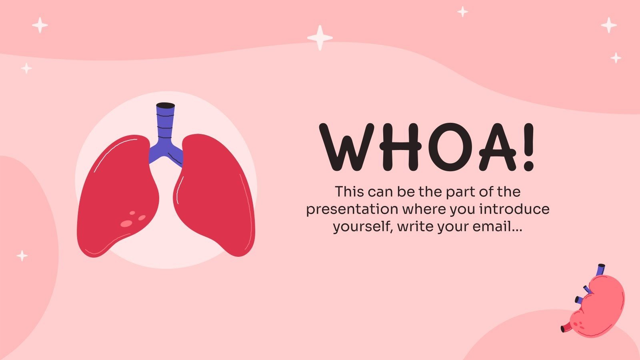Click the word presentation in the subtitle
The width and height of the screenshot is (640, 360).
(352, 210)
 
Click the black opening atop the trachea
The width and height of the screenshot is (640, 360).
(165, 106)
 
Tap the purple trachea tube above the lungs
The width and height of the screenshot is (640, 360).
(165, 128)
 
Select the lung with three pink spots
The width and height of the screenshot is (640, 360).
(118, 196)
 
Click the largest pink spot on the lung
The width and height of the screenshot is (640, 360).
(126, 224)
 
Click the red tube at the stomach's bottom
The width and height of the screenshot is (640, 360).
(566, 328)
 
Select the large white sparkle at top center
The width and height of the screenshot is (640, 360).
(320, 38)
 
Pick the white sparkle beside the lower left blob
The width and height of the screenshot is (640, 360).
(22, 255)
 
